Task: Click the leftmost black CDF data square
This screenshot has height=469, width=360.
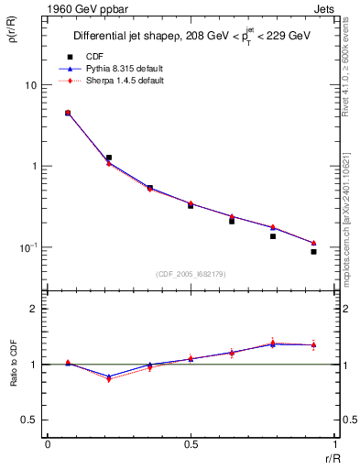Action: (x=68, y=113)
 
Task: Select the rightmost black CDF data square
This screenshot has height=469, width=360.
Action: (x=313, y=251)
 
